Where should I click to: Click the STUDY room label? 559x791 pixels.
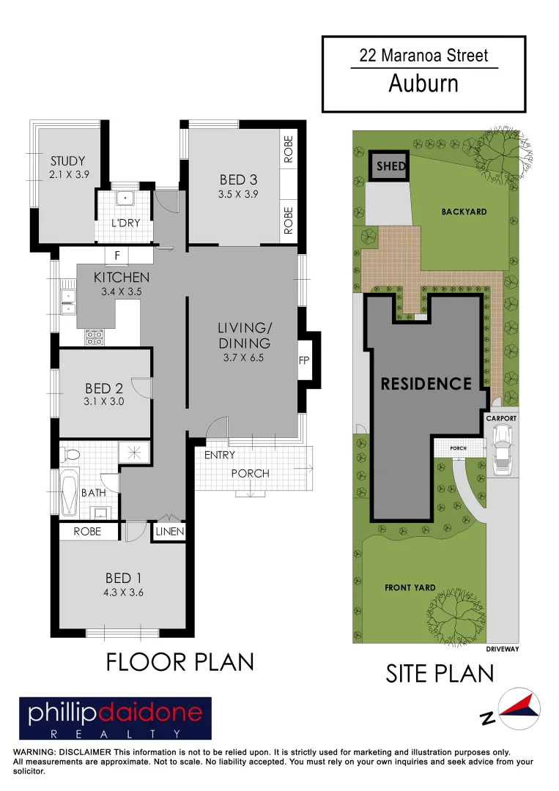67,161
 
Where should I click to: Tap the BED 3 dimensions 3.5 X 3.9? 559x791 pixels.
238,195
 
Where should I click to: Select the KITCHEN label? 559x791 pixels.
122,278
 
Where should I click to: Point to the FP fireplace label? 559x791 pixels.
304,361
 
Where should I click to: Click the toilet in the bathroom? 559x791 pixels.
70,454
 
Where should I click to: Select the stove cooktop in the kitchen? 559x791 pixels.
95,337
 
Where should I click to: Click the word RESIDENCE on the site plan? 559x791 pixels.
426,384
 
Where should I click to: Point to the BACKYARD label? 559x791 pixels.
464,212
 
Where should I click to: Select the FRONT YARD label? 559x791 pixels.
410,587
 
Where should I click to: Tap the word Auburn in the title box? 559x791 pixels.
423,83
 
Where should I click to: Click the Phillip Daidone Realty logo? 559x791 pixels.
115,718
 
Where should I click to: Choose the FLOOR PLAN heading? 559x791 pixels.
180,662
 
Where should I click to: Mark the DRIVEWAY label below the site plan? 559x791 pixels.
503,649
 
